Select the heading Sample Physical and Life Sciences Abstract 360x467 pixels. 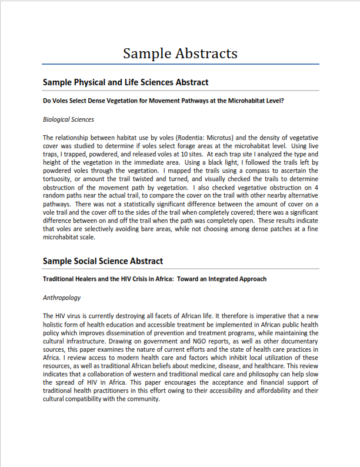pyautogui.click(x=125, y=82)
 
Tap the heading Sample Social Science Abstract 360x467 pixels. pyautogui.click(x=103, y=261)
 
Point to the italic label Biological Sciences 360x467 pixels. pyautogui.click(x=68, y=119)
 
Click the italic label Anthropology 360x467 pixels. pyautogui.click(x=62, y=298)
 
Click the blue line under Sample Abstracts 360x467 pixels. pyautogui.click(x=181, y=64)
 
